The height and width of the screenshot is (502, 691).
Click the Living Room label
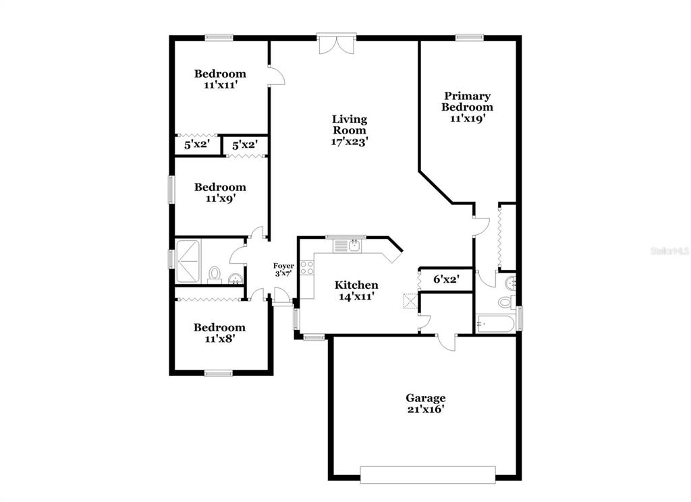[350, 125]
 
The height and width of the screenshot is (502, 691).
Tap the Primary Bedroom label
[467, 101]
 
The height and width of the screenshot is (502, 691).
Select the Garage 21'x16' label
[425, 403]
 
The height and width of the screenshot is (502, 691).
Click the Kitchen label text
[356, 285]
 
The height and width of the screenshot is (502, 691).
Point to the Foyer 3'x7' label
[283, 270]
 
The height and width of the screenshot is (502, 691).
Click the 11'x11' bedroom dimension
[221, 84]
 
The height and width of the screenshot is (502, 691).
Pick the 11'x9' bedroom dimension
[221, 198]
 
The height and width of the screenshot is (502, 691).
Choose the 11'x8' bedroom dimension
[219, 339]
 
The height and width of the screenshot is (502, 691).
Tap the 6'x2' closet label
[447, 279]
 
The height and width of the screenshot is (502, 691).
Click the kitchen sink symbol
[354, 246]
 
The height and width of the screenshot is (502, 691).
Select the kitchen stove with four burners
[307, 267]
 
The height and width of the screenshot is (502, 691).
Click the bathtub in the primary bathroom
[495, 325]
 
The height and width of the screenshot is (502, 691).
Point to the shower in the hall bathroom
[188, 261]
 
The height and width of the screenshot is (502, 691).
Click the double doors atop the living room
[337, 44]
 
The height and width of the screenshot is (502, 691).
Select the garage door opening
[427, 474]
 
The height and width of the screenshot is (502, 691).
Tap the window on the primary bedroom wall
[470, 38]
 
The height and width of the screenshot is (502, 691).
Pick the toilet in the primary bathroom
[505, 302]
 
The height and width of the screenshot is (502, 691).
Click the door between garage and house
[447, 342]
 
